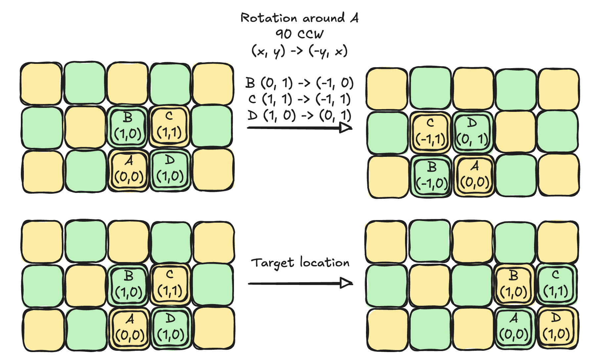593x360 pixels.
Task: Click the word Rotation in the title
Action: tap(268, 18)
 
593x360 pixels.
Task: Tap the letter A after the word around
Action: tap(354, 17)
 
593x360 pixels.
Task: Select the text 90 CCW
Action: tap(299, 34)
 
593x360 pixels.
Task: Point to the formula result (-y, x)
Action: tap(328, 51)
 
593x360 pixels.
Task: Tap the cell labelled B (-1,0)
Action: tap(432, 176)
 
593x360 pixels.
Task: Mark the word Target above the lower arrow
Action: tap(272, 263)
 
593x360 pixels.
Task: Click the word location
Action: tap(325, 262)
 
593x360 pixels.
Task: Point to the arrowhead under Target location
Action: tap(346, 283)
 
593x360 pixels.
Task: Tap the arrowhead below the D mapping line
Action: tap(345, 128)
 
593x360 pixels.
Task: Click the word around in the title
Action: tap(324, 18)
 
